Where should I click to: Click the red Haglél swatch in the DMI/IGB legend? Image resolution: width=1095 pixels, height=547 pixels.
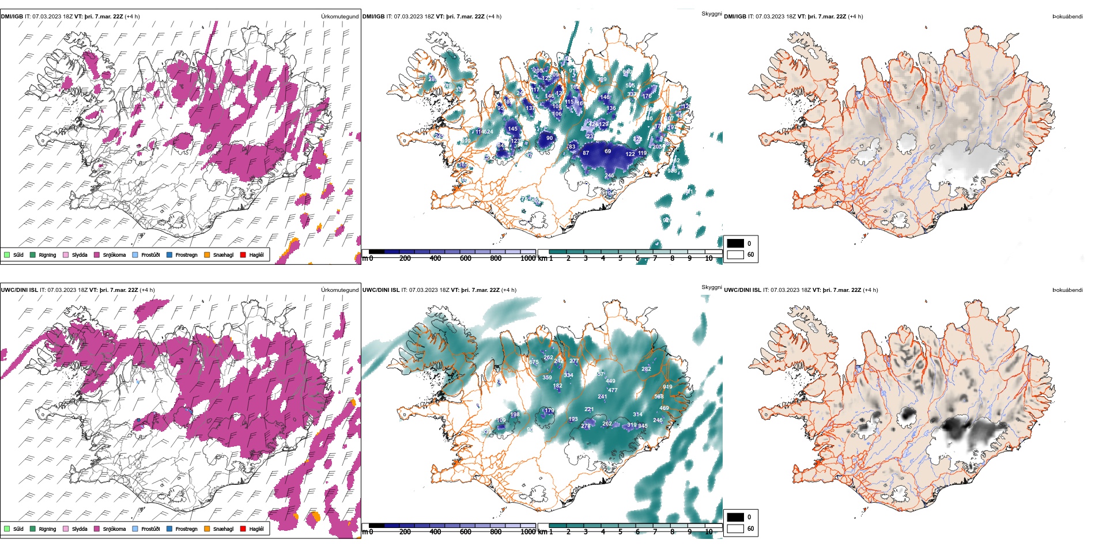click(243, 254)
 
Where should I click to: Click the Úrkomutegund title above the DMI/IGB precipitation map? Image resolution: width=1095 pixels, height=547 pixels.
click(339, 17)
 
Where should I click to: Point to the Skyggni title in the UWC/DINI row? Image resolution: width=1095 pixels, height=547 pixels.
click(711, 287)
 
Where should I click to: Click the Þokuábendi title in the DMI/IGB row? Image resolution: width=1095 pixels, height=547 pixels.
click(1067, 17)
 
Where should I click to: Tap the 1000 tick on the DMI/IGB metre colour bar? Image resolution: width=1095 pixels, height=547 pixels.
click(528, 259)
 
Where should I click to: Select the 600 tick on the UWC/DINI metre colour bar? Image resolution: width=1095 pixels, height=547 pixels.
click(466, 532)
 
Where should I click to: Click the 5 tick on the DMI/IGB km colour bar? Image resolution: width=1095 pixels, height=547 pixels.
click(620, 259)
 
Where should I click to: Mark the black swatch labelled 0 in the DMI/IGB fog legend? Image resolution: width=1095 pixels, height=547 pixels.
click(735, 244)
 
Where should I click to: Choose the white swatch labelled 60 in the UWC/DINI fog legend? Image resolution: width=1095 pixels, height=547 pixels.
click(735, 528)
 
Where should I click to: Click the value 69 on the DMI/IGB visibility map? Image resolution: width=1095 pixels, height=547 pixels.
click(607, 151)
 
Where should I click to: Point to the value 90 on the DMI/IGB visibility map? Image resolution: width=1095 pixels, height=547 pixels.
click(549, 138)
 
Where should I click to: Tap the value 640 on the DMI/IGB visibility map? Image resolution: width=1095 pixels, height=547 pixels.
click(628, 71)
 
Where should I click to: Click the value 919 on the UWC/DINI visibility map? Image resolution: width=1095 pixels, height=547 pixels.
click(667, 387)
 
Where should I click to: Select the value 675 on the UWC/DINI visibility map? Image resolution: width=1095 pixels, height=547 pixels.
click(534, 363)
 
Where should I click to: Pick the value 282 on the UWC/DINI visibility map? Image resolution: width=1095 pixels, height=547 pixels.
click(646, 369)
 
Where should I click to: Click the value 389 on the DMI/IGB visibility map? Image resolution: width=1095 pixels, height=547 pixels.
click(602, 79)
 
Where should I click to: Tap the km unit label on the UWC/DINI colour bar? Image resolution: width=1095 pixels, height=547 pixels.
click(542, 532)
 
